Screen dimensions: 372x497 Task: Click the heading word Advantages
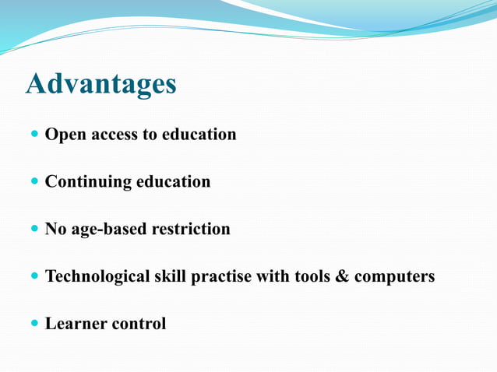[x=101, y=84]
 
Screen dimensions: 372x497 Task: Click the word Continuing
[x=88, y=182]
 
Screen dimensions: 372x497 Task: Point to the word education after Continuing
[x=173, y=182]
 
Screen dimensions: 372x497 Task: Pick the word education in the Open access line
[x=199, y=135]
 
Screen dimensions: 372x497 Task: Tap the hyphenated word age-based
[x=108, y=230]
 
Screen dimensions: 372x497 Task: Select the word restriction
[x=191, y=230]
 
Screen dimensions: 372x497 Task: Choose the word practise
[x=222, y=276]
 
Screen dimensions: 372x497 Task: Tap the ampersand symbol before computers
[x=342, y=276]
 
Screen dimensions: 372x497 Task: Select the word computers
[x=395, y=276]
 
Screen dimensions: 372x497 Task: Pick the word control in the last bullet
[x=139, y=324]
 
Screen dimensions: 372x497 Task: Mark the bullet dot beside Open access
[x=33, y=135]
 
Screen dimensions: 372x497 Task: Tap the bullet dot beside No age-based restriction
[x=33, y=230]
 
